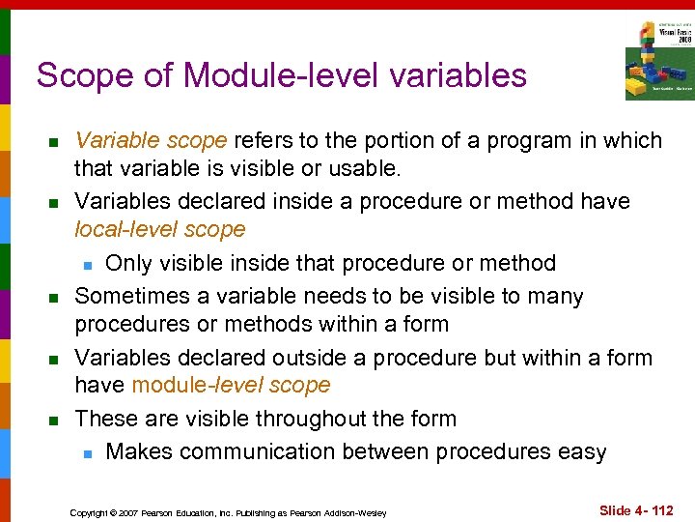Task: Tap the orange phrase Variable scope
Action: tap(151, 140)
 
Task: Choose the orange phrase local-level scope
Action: tap(160, 230)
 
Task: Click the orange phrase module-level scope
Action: tap(231, 385)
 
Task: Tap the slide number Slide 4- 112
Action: tap(636, 510)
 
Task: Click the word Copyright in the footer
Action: tap(92, 512)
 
